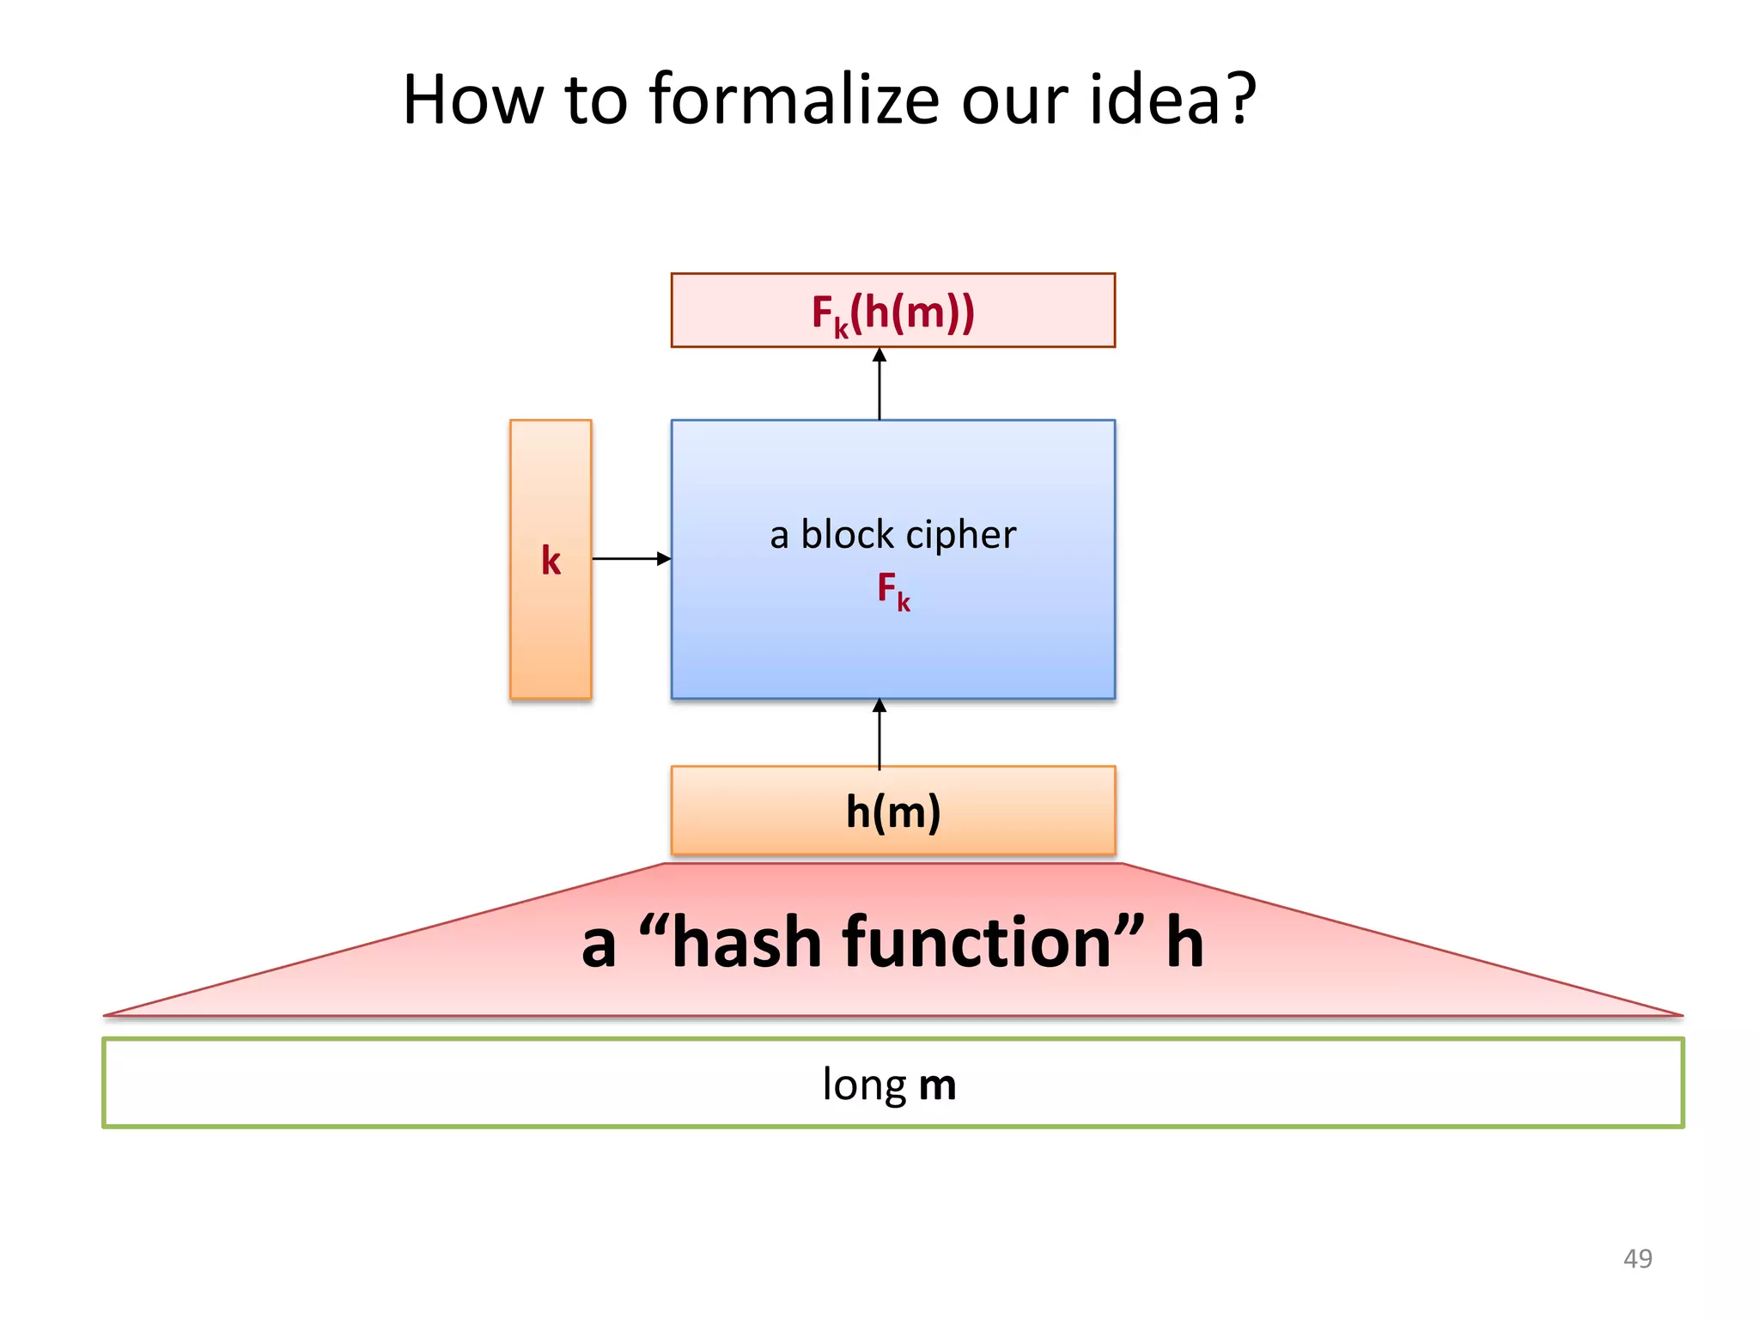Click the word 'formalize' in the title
(x=794, y=100)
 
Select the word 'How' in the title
(x=473, y=100)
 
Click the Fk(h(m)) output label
(x=893, y=313)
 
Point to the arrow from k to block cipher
(x=631, y=559)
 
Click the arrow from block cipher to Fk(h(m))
(x=879, y=384)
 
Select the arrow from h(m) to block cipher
(x=879, y=733)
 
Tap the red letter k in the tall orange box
(x=551, y=561)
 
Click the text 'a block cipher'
(x=892, y=535)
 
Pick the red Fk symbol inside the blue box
(x=892, y=591)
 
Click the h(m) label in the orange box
(x=893, y=811)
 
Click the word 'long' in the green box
(x=864, y=1085)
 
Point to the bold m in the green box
(x=937, y=1085)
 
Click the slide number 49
(x=1637, y=1259)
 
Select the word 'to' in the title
(x=596, y=100)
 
